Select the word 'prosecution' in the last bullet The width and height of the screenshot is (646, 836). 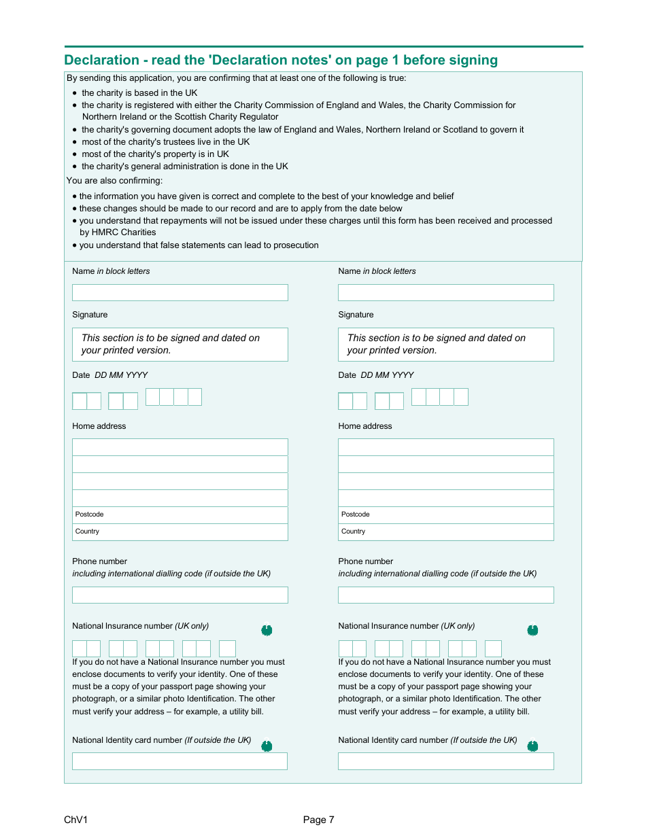pyautogui.click(x=296, y=245)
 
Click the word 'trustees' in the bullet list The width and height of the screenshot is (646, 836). pyautogui.click(x=180, y=142)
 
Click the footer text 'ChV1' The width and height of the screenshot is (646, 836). pyautogui.click(x=76, y=820)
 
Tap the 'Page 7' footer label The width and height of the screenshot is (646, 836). pyautogui.click(x=319, y=820)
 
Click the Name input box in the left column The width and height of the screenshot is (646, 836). pyautogui.click(x=180, y=293)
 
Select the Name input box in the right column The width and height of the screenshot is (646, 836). pyautogui.click(x=446, y=293)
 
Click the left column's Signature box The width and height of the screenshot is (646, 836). pyautogui.click(x=180, y=345)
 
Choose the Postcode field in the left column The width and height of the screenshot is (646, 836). pyautogui.click(x=180, y=515)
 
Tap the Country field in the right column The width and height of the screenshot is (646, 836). pyautogui.click(x=446, y=532)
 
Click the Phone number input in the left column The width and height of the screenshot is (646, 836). pyautogui.click(x=180, y=595)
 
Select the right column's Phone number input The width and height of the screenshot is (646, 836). pyautogui.click(x=446, y=595)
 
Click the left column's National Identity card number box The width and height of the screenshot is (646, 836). pyautogui.click(x=180, y=761)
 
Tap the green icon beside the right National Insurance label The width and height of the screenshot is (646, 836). pyautogui.click(x=533, y=631)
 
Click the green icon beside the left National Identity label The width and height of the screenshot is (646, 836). pyautogui.click(x=267, y=746)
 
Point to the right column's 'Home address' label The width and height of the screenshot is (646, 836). pyautogui.click(x=365, y=426)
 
